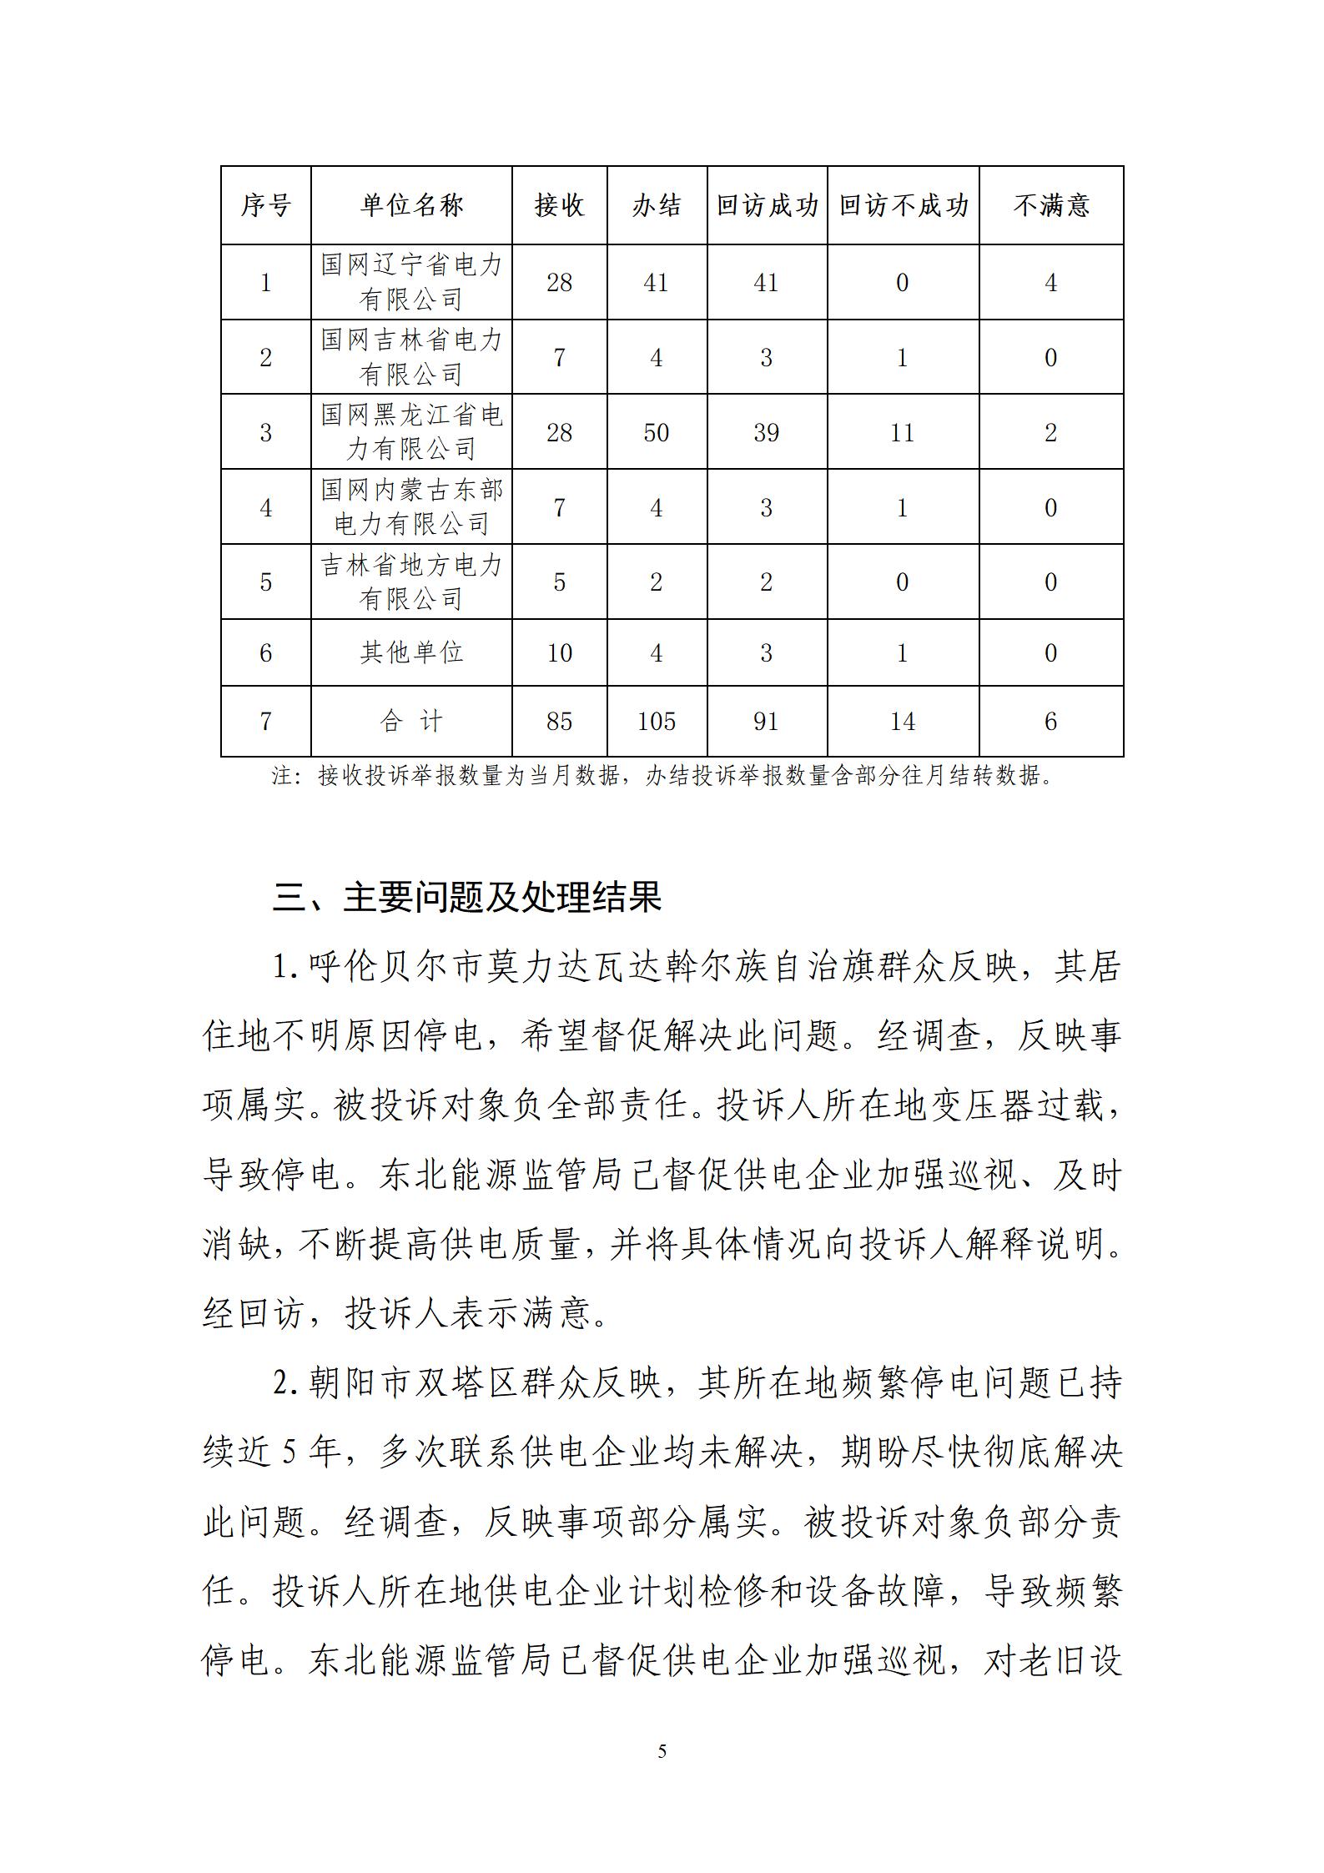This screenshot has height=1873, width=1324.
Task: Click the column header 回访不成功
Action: click(903, 206)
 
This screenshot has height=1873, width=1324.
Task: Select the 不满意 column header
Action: click(1051, 206)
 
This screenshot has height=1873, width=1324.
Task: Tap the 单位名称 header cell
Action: click(411, 206)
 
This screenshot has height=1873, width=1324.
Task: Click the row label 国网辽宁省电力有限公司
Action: click(411, 282)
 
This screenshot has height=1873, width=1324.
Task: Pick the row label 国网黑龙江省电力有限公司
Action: click(411, 432)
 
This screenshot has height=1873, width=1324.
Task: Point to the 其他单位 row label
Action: click(411, 652)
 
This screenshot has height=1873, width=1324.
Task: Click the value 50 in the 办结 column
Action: click(657, 432)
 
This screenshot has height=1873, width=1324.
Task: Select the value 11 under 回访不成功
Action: click(903, 432)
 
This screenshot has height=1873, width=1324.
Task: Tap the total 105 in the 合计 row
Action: click(657, 721)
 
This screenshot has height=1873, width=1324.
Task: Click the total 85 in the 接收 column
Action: click(559, 721)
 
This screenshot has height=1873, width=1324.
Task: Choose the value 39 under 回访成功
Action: click(767, 432)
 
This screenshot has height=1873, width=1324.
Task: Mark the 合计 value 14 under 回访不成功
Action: click(903, 721)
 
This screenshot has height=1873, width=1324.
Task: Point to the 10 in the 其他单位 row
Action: click(559, 652)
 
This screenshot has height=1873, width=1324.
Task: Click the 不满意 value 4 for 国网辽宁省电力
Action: click(1051, 283)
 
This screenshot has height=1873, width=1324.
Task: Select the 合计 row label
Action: click(411, 721)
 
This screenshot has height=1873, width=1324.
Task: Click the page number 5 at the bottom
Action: click(662, 1751)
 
